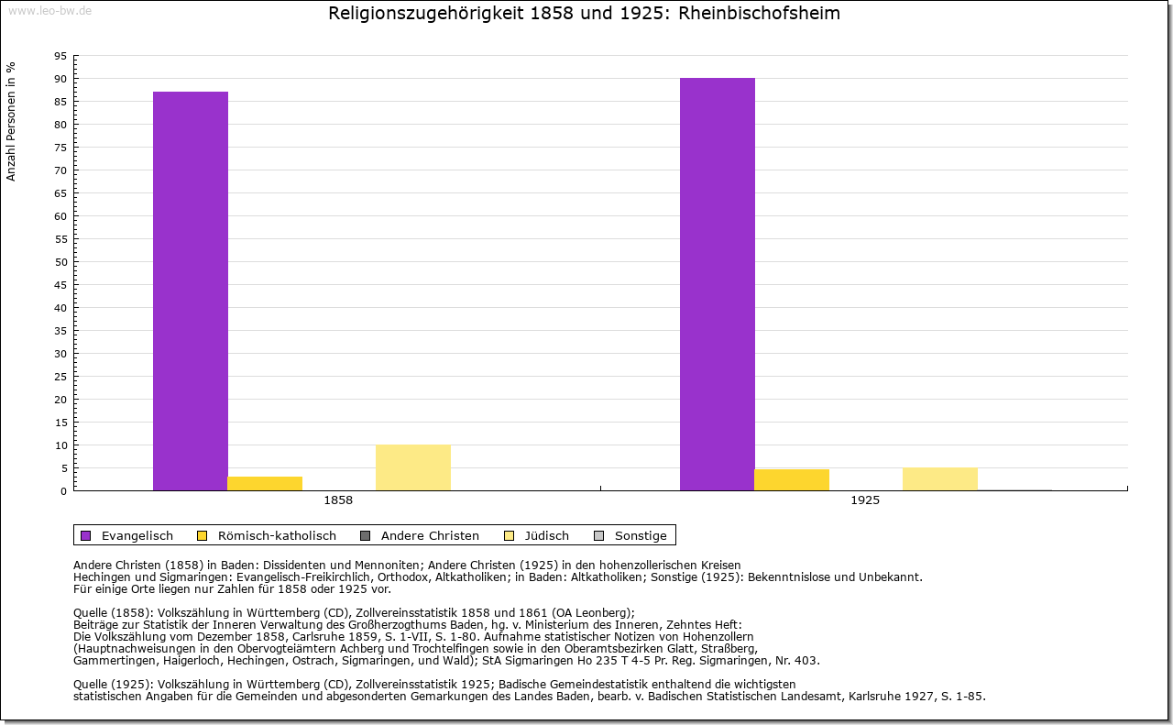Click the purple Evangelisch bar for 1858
(x=190, y=291)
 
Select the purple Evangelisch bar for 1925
(x=717, y=284)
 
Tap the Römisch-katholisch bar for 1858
(x=265, y=483)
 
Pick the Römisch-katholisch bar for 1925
(x=792, y=479)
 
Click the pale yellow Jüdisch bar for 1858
(x=413, y=467)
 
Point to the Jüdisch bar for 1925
(x=940, y=478)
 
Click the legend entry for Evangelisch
(x=127, y=535)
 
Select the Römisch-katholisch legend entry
(x=267, y=535)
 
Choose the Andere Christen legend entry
(x=420, y=535)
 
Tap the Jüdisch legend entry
(x=537, y=535)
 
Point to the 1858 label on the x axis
(x=338, y=501)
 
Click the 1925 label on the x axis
(x=865, y=501)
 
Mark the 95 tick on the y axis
(x=60, y=56)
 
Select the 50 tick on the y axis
(x=60, y=262)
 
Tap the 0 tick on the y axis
(x=63, y=491)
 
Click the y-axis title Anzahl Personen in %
(x=11, y=121)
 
